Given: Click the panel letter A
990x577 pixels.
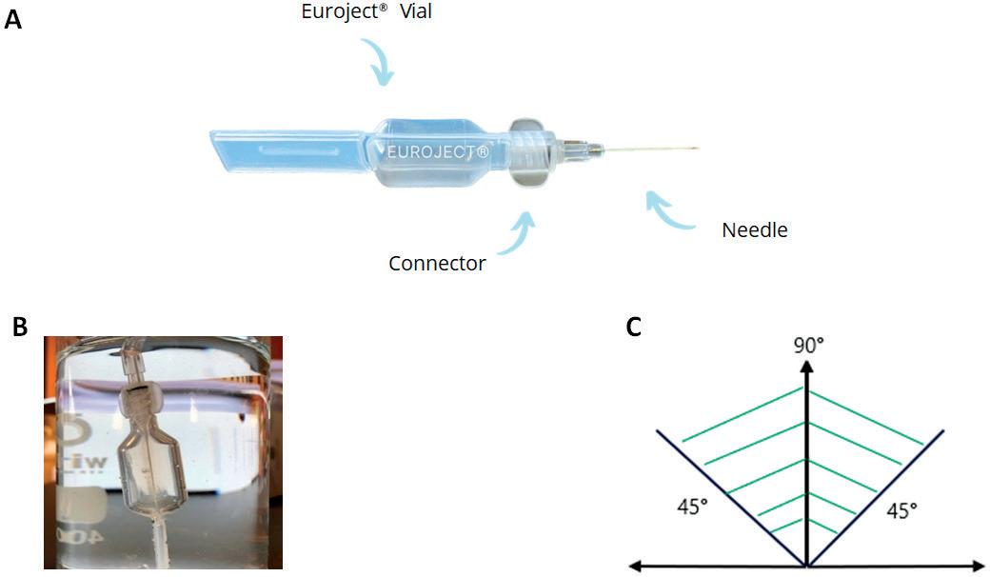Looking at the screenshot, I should (x=12, y=18).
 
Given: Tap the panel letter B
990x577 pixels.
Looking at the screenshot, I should (x=20, y=326).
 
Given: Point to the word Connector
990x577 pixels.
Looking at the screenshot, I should (x=437, y=264).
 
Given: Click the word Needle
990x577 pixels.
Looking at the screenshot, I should (x=755, y=229).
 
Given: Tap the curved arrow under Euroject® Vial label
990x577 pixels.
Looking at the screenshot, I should (x=382, y=68).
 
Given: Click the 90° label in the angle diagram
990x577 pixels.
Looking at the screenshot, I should (x=807, y=345).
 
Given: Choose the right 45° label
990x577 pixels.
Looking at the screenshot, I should (x=901, y=511).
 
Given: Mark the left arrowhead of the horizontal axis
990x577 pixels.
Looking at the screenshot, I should (x=638, y=567).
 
